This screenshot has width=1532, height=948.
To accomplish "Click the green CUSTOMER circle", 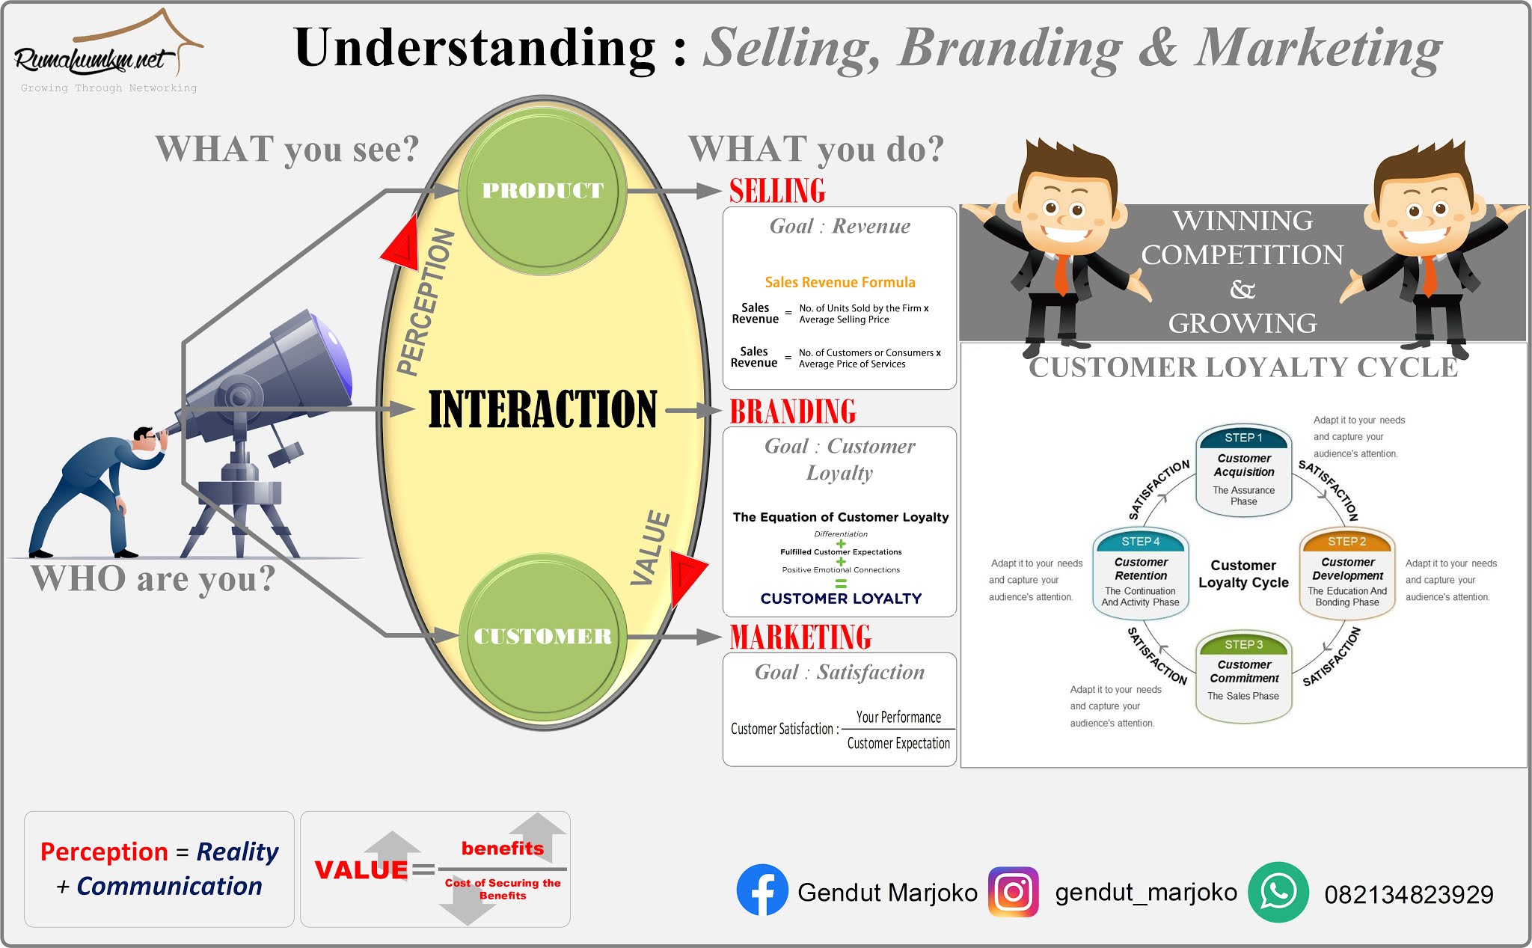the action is [542, 636].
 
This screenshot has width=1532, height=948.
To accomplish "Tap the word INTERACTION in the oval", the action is [542, 409].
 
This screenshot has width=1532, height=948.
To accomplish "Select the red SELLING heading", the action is [777, 191].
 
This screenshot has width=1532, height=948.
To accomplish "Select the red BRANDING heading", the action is [793, 412].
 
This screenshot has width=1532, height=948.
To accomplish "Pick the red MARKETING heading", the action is [800, 637].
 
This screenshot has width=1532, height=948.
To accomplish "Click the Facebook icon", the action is [762, 890].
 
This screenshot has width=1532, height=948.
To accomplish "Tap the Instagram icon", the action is [1014, 892].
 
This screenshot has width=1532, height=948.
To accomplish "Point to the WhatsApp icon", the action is [1278, 892].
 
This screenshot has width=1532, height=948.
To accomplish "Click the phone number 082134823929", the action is [1409, 894].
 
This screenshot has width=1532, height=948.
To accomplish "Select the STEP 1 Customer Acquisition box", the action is [1244, 470].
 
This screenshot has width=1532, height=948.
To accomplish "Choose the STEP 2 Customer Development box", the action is [1347, 573].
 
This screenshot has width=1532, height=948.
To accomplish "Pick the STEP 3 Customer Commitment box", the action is [1244, 676].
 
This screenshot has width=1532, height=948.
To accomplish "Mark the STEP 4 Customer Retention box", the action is [1141, 573].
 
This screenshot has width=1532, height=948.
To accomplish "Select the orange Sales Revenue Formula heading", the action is [840, 282].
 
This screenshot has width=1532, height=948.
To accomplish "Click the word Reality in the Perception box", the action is [237, 851].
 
